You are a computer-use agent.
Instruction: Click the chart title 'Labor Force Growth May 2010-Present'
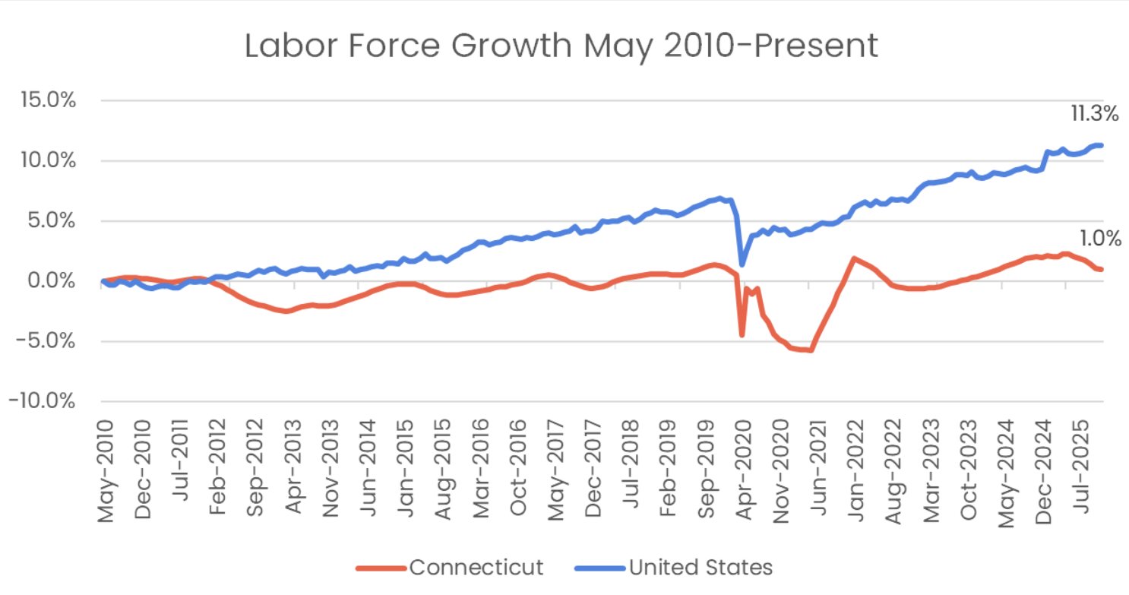(561, 46)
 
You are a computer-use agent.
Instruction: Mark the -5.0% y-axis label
(48, 341)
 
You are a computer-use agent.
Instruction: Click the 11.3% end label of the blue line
(1095, 115)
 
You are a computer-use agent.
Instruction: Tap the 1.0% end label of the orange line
(1099, 239)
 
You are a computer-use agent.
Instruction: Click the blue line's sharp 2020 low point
(742, 264)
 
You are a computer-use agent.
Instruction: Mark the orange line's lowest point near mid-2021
(811, 350)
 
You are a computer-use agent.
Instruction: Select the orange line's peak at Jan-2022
(854, 259)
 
